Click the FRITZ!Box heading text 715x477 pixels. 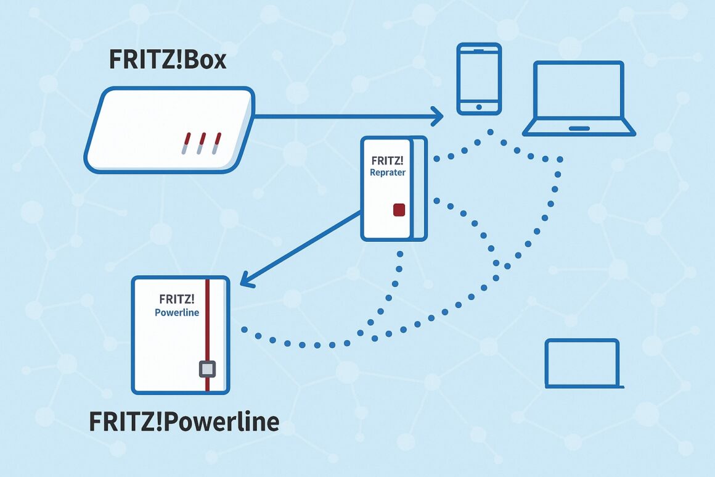[x=168, y=60]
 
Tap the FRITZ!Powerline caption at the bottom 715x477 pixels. [x=184, y=421]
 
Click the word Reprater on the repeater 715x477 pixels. [x=388, y=173]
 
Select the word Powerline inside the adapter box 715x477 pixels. [x=176, y=312]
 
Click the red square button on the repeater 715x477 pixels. [x=399, y=210]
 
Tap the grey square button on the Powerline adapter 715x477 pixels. [x=208, y=369]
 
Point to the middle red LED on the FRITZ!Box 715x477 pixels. [x=202, y=143]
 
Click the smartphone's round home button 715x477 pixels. [x=479, y=107]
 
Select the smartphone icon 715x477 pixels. [x=479, y=78]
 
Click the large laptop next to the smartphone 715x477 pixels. [x=578, y=99]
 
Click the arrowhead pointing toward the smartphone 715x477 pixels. [x=438, y=115]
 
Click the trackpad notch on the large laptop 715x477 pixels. [x=579, y=128]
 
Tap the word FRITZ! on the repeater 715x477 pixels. [x=387, y=160]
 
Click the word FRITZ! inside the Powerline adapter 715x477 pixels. [x=176, y=299]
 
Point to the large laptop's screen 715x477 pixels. [x=578, y=91]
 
